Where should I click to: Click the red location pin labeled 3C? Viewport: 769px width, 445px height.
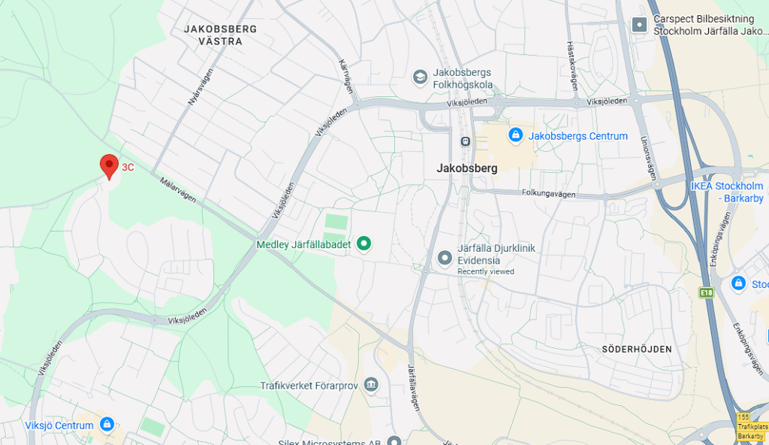click(x=109, y=165)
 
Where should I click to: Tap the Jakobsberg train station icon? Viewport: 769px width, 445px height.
click(x=466, y=141)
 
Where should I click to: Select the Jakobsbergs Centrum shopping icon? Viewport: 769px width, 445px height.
click(x=515, y=135)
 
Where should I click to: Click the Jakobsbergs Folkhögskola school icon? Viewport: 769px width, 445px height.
click(x=420, y=77)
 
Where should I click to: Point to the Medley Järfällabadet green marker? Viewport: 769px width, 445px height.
click(x=364, y=244)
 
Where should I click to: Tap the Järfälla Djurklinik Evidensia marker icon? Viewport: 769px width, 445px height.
click(x=445, y=258)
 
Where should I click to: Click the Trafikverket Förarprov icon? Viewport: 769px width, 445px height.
click(x=371, y=385)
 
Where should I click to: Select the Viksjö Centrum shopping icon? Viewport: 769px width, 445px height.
click(x=107, y=425)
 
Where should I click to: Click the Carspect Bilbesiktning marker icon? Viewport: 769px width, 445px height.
click(x=639, y=24)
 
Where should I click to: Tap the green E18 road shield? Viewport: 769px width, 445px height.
click(x=706, y=292)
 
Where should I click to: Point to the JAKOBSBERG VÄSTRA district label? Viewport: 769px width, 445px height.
click(x=221, y=35)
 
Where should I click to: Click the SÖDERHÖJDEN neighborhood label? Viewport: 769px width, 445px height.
click(x=637, y=350)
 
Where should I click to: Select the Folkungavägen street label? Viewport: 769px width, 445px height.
click(x=548, y=194)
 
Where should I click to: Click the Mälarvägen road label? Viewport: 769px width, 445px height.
click(x=177, y=189)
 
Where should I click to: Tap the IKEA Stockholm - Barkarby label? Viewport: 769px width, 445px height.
click(x=727, y=192)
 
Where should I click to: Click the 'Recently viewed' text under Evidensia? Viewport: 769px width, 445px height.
click(x=486, y=271)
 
